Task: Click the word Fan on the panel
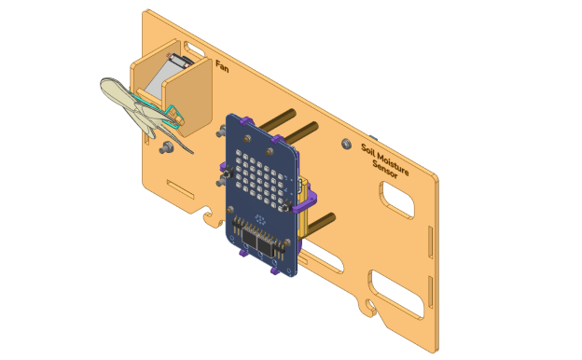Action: click(222, 66)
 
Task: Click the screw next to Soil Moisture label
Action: click(347, 144)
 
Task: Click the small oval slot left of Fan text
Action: click(196, 48)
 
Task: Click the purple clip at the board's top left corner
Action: click(245, 121)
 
